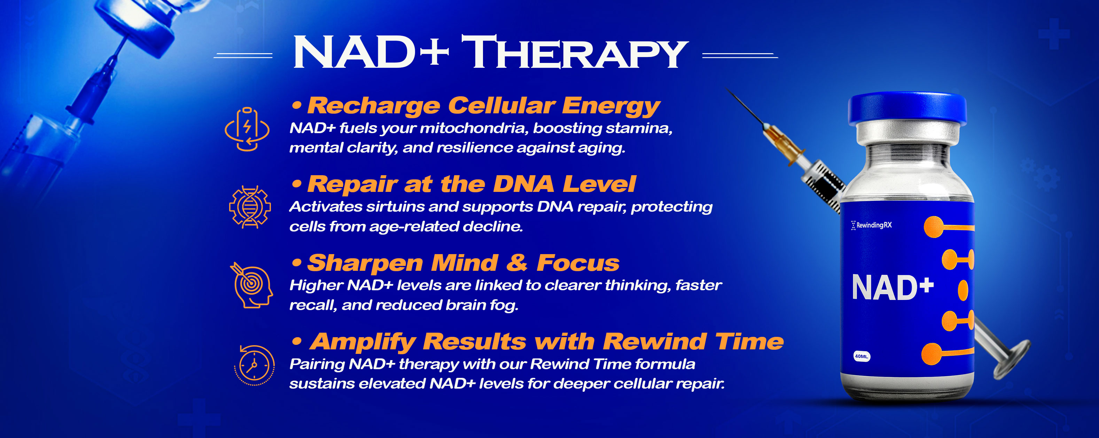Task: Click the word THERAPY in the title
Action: click(x=575, y=52)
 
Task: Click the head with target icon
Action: click(x=252, y=285)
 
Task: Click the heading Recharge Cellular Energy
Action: click(x=484, y=106)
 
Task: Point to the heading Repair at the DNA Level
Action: click(x=471, y=184)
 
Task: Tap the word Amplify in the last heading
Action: click(x=363, y=342)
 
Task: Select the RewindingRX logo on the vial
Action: click(x=871, y=225)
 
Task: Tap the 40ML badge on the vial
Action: click(x=862, y=356)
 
